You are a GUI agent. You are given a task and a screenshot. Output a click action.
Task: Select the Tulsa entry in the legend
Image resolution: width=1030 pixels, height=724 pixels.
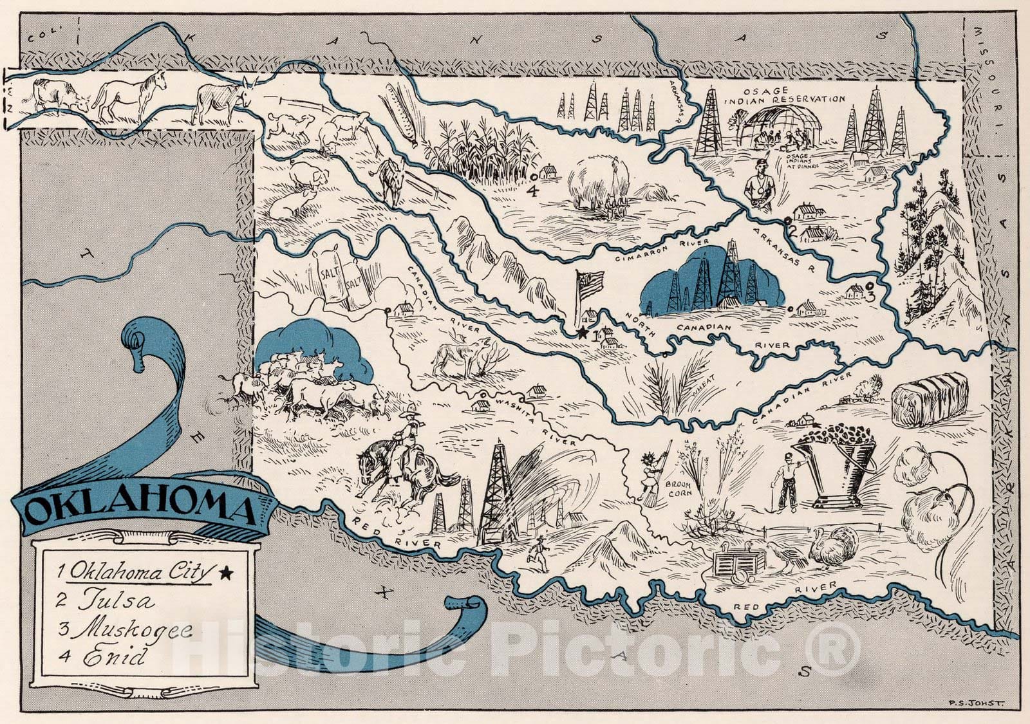click(116, 602)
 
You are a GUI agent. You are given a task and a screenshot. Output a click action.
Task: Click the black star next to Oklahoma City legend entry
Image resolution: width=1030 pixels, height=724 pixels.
click(225, 571)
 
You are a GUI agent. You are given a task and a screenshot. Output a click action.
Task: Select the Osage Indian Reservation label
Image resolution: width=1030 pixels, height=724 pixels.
click(784, 95)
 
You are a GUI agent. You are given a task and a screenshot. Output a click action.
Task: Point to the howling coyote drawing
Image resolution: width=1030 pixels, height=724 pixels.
click(462, 357)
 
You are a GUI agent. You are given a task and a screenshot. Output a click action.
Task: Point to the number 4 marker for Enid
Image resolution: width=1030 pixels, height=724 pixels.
click(532, 190)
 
